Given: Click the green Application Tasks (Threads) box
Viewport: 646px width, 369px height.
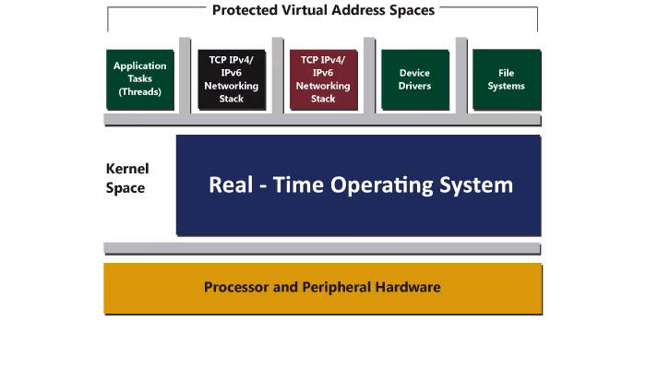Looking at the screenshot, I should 140,79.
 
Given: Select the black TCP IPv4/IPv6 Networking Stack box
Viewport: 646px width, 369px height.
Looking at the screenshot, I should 232,79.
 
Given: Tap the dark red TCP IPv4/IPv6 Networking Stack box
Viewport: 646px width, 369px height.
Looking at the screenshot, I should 323,79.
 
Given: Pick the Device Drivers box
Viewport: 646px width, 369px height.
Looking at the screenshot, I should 414,79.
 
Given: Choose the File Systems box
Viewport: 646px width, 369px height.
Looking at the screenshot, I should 506,79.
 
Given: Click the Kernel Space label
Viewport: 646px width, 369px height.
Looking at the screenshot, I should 127,178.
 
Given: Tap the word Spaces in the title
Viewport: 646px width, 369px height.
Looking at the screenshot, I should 411,11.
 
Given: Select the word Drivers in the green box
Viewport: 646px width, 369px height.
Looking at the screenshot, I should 414,87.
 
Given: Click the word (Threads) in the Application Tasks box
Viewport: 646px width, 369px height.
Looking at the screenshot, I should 140,92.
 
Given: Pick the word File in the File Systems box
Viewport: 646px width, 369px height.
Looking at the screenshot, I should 506,73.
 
